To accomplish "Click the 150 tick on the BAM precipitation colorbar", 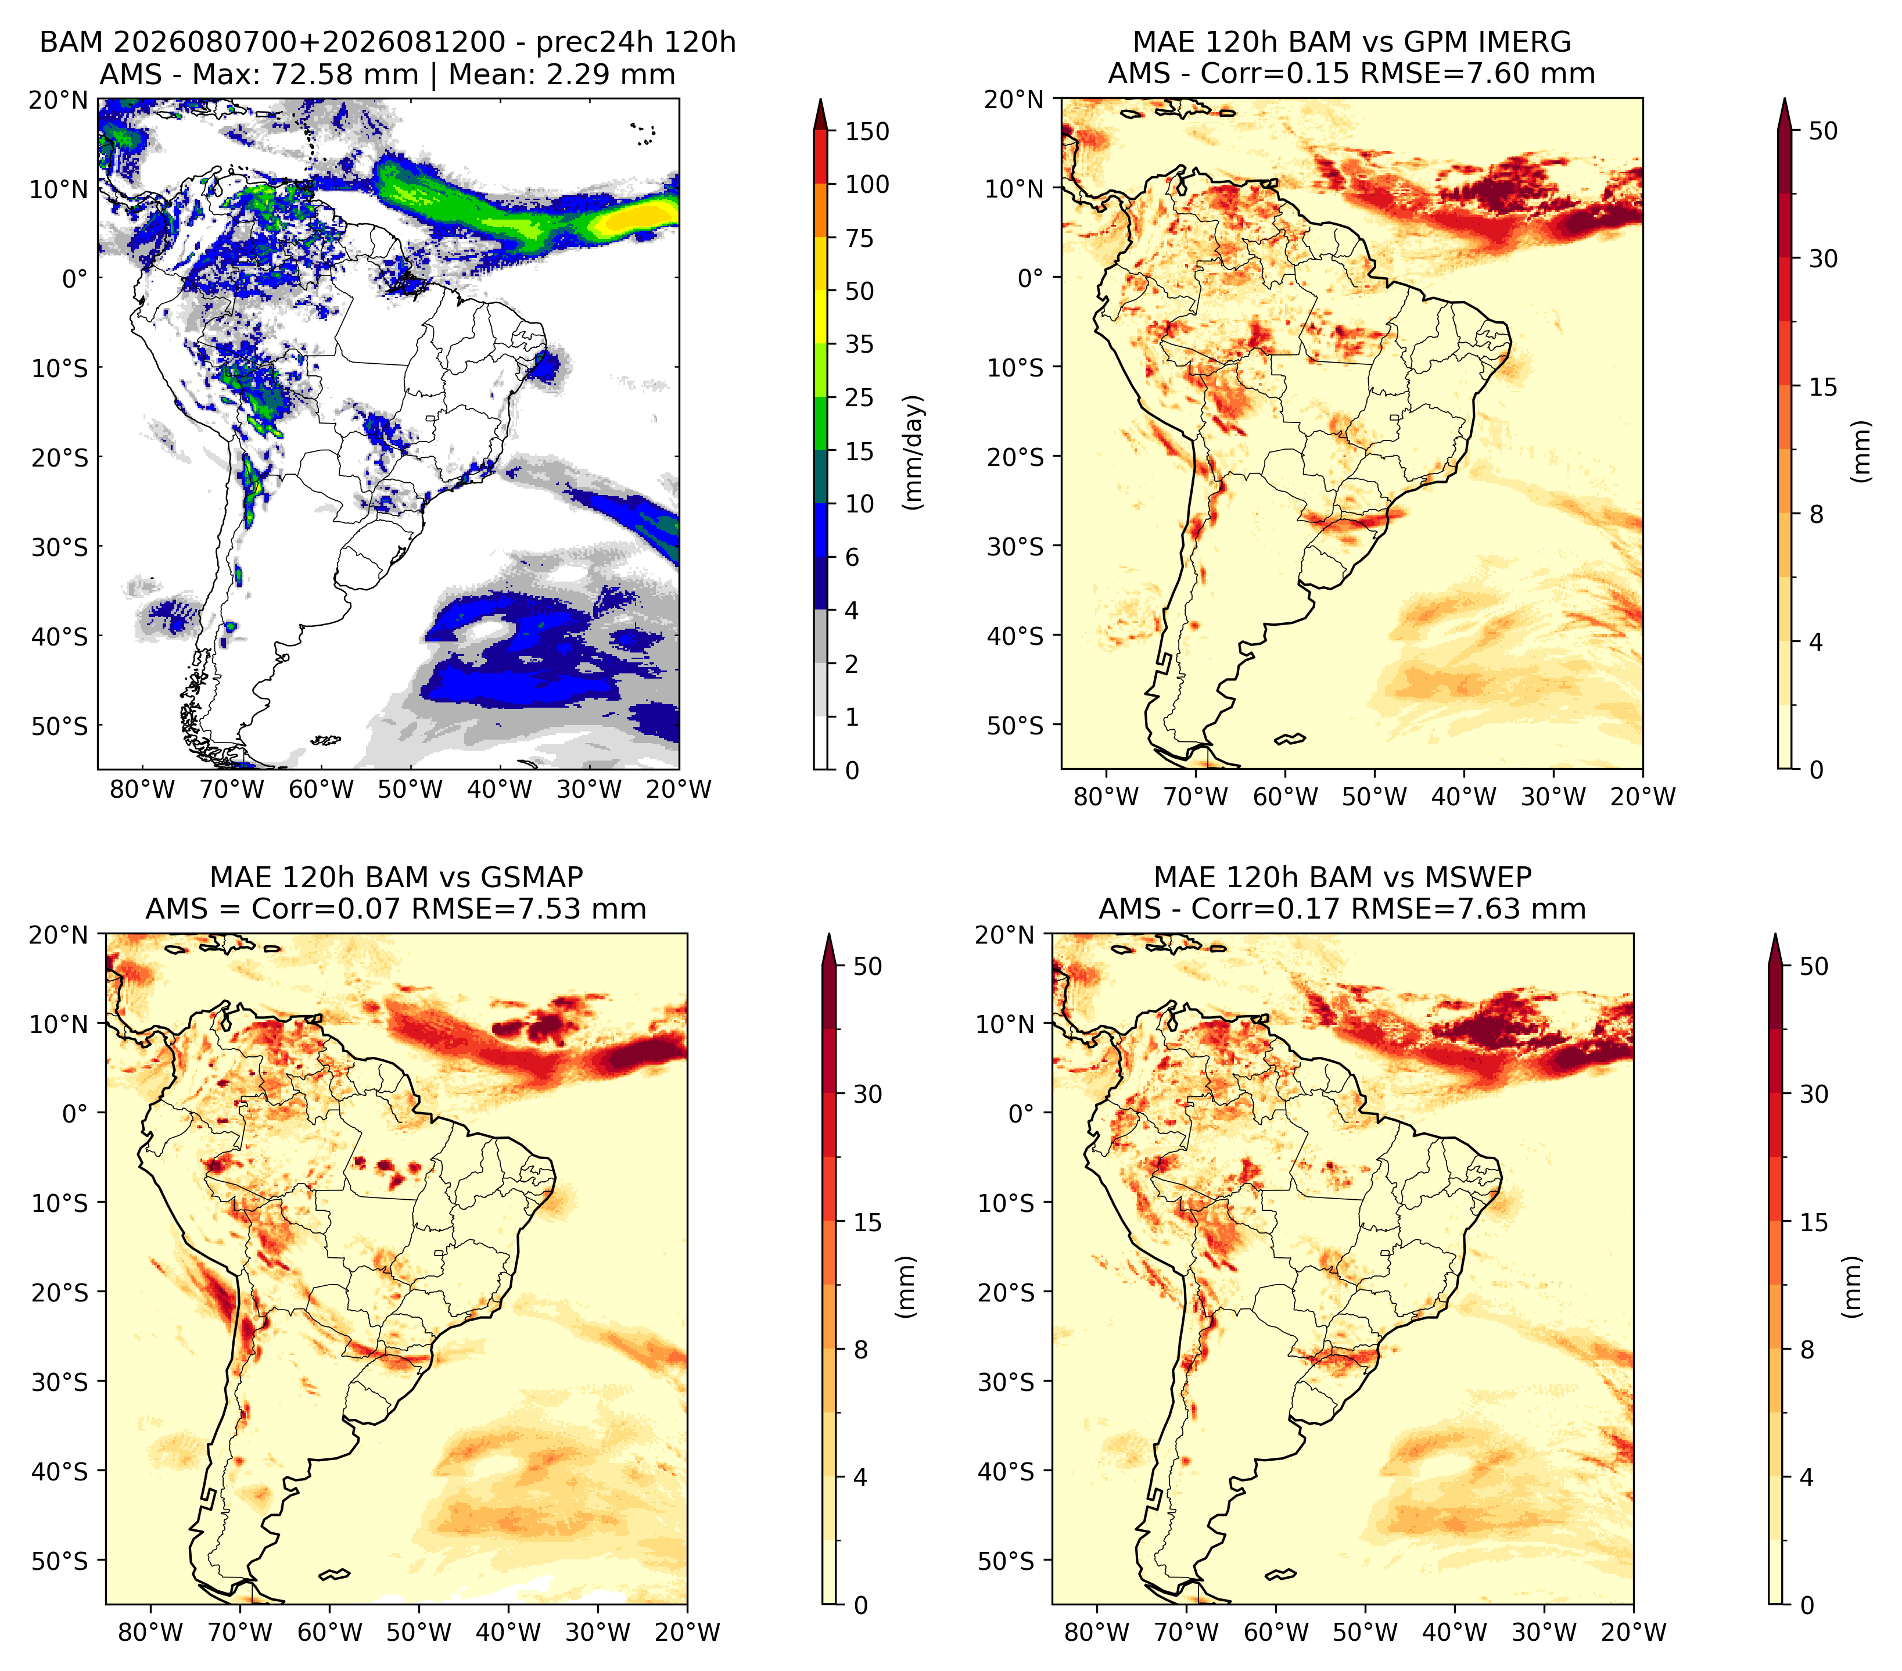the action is (x=866, y=131).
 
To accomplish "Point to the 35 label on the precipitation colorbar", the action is (x=859, y=344).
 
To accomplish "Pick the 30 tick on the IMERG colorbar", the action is (x=1824, y=259).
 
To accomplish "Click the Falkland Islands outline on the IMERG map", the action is (x=1290, y=738).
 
